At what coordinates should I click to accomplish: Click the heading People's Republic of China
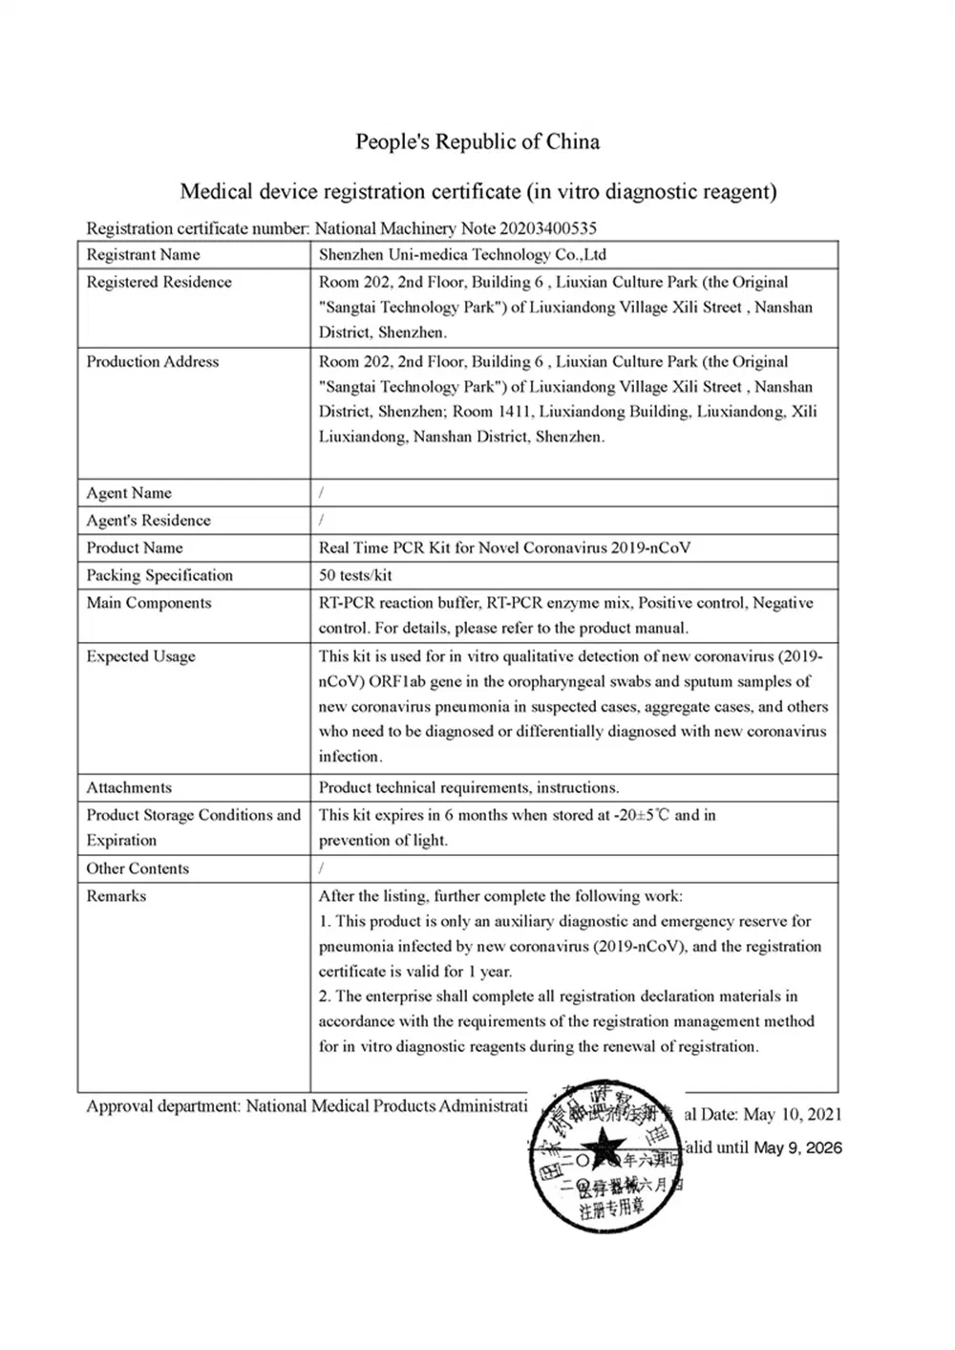pos(477,142)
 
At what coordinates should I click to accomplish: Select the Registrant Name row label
pos(143,254)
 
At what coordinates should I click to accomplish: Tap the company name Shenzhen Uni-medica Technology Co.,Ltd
pos(462,254)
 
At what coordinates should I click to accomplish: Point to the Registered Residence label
pos(159,282)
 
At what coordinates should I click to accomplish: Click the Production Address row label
pos(153,361)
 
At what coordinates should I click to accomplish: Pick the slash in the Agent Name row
pos(322,493)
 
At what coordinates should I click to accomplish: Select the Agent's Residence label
pos(148,521)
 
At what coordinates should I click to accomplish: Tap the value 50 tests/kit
pos(355,575)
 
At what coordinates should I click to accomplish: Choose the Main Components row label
pos(148,603)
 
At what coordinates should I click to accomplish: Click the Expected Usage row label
pos(140,656)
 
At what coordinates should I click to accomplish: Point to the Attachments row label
pos(129,787)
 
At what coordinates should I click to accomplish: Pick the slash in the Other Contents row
pos(322,868)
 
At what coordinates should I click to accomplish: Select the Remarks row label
pos(116,896)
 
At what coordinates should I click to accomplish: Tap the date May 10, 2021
pos(792,1114)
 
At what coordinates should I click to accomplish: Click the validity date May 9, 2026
pos(797,1147)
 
